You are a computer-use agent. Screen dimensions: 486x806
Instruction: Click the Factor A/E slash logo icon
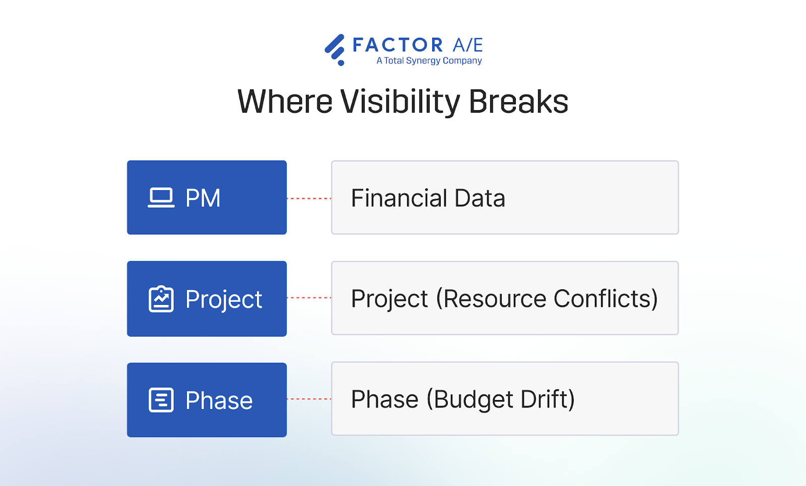335,49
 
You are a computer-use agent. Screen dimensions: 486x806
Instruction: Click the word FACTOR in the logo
397,45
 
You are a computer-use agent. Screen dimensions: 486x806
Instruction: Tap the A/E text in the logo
467,45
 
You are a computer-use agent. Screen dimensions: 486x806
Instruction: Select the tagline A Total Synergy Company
429,61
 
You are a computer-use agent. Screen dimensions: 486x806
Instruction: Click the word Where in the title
285,102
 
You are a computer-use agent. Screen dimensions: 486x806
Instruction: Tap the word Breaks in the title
518,102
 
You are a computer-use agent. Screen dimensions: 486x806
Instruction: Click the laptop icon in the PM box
161,198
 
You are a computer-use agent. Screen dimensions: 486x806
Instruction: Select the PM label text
203,198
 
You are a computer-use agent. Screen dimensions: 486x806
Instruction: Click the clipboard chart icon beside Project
161,299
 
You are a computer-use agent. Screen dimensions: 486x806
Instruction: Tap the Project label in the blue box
224,300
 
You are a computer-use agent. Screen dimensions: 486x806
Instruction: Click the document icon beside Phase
161,400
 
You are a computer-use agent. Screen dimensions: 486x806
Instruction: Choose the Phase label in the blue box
219,401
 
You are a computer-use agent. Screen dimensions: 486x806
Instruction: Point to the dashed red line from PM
309,199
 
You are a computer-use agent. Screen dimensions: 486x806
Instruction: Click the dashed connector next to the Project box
309,298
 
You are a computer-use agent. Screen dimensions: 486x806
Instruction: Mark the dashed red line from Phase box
309,399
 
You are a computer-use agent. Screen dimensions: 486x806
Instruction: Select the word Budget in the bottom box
474,400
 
